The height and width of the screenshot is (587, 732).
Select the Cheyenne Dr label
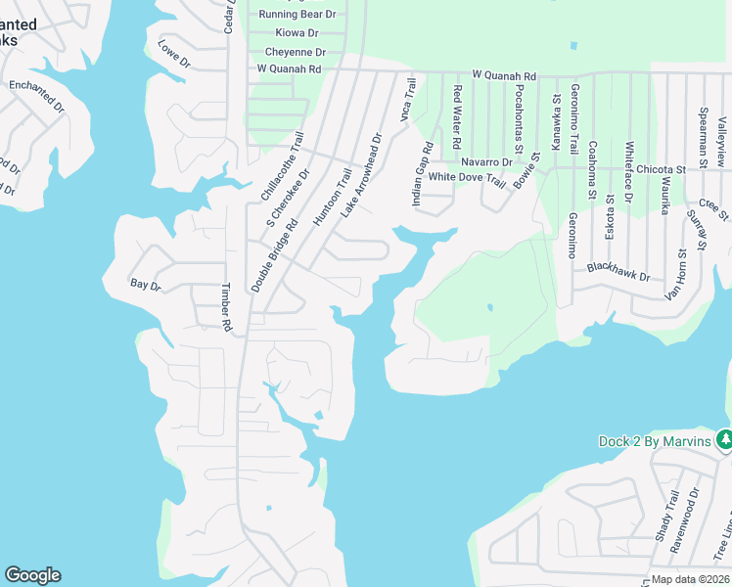[294, 52]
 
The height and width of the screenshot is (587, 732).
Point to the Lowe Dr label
[174, 54]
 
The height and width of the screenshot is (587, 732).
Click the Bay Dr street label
[145, 285]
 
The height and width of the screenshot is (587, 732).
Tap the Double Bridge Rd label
[273, 255]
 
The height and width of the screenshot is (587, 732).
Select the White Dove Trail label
[467, 178]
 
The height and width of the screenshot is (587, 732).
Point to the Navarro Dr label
[486, 161]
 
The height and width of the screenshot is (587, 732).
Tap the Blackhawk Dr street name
[618, 271]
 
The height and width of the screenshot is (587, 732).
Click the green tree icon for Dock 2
[724, 441]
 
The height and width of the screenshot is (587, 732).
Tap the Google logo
[32, 575]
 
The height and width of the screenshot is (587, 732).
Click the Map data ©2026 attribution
[690, 579]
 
